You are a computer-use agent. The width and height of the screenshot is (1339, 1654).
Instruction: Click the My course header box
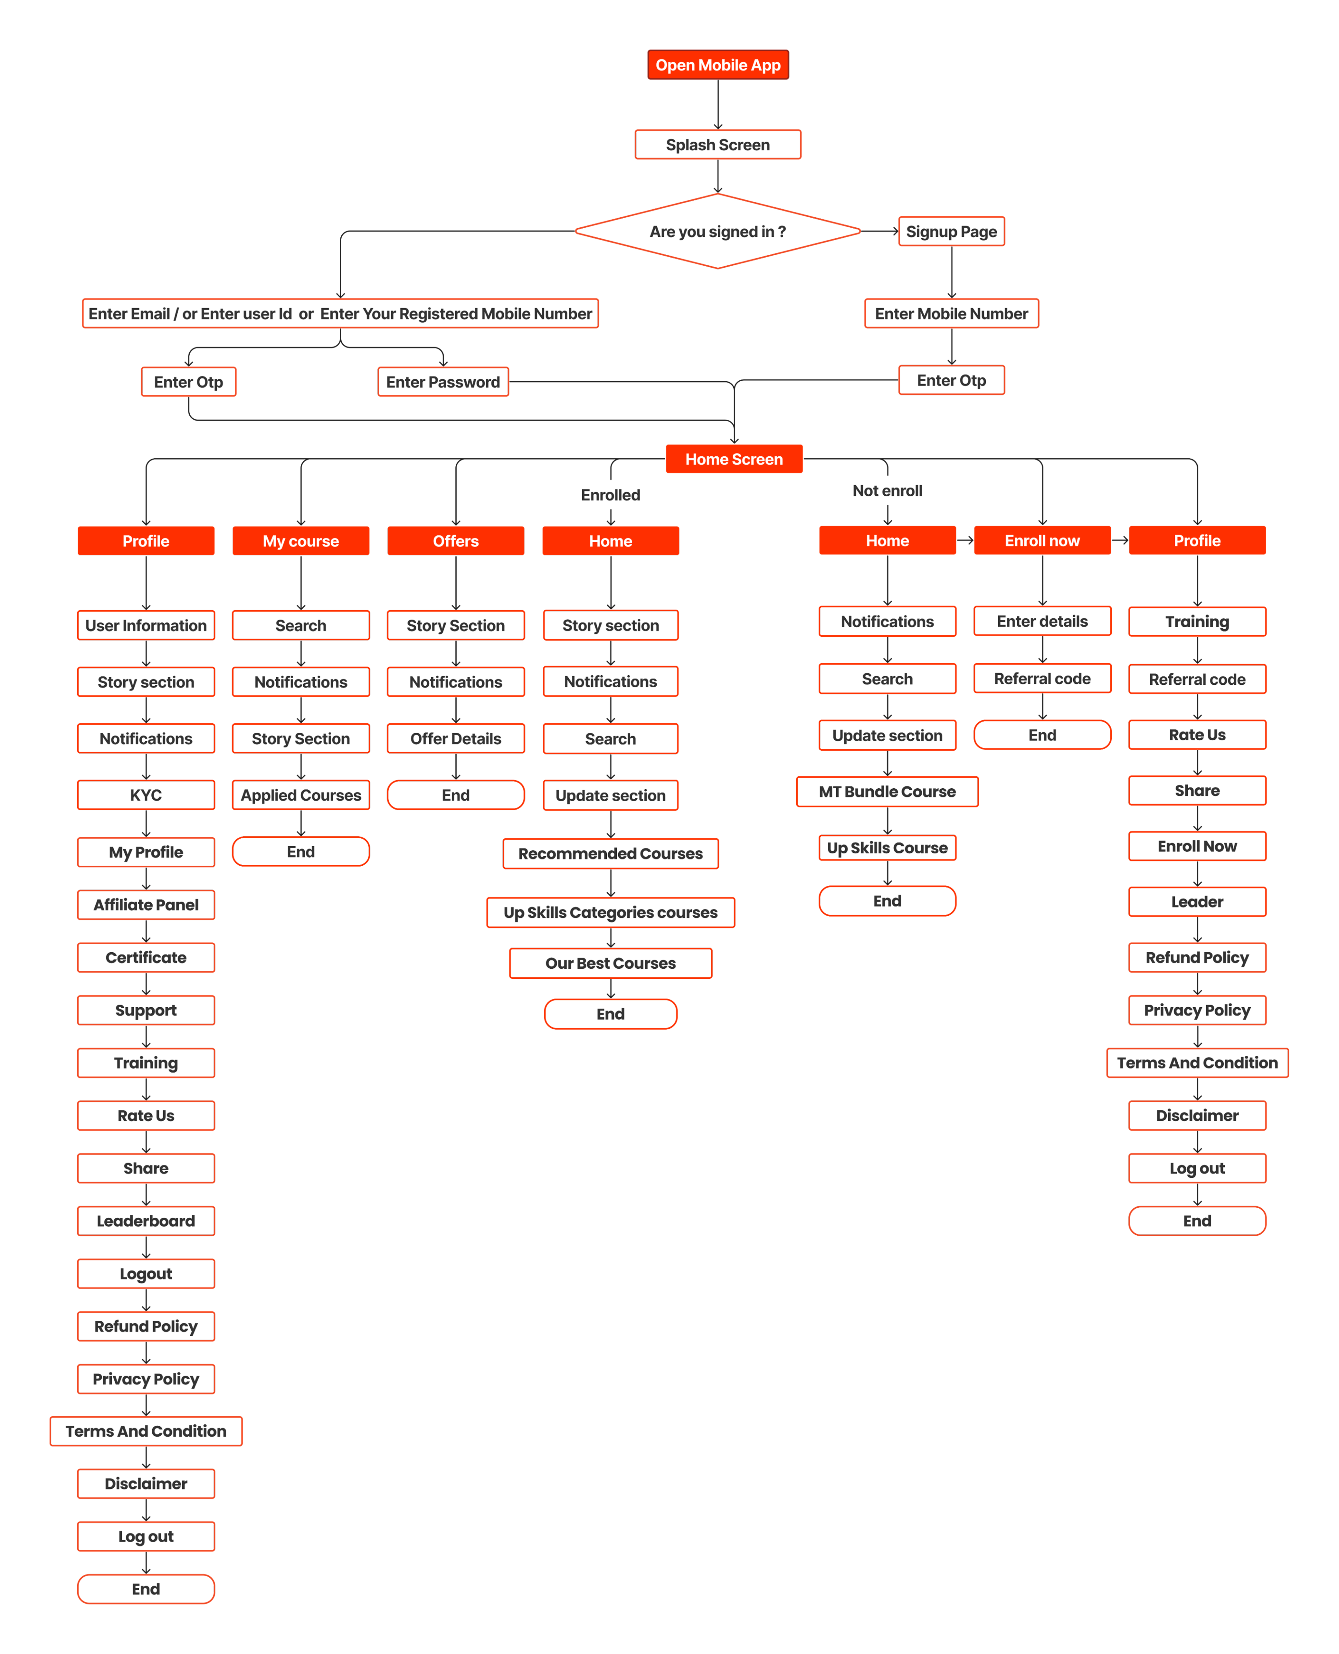click(301, 541)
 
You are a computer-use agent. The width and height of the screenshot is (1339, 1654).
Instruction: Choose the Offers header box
click(456, 541)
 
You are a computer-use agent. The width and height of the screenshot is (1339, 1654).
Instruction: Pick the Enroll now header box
click(1042, 540)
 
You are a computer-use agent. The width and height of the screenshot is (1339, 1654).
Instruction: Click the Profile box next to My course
click(146, 541)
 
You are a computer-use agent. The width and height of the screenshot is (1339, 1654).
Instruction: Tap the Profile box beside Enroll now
click(1197, 540)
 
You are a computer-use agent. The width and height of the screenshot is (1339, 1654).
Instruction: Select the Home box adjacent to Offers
click(611, 541)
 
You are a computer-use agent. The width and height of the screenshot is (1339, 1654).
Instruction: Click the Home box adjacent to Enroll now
click(887, 540)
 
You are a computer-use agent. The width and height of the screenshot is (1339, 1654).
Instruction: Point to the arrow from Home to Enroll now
click(965, 540)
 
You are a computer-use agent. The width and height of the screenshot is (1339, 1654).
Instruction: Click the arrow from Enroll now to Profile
click(1120, 540)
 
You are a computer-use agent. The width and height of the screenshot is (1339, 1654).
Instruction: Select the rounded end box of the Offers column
click(456, 795)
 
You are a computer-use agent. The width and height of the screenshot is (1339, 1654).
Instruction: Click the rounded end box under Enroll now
click(1042, 734)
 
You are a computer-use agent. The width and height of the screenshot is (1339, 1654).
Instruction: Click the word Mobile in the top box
click(723, 65)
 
